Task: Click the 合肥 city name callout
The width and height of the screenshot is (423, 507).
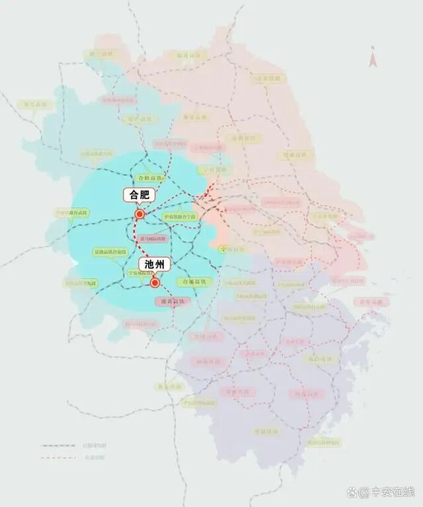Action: click(x=139, y=195)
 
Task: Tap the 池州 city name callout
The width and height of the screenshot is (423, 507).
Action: click(x=155, y=264)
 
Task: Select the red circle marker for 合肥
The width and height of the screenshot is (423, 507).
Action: click(x=139, y=214)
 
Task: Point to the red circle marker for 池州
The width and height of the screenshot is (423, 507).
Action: click(x=155, y=283)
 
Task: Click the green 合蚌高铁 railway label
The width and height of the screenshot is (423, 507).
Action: click(x=149, y=178)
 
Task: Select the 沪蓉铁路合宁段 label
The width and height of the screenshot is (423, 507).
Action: click(x=180, y=216)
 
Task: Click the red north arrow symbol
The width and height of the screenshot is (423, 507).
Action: click(x=373, y=59)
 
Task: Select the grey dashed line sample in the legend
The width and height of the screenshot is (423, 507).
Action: click(x=58, y=446)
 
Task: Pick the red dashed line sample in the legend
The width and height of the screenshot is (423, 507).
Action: click(x=58, y=457)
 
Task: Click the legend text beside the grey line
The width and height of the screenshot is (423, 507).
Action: click(x=94, y=446)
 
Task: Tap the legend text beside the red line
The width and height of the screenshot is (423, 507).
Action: click(x=94, y=457)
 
